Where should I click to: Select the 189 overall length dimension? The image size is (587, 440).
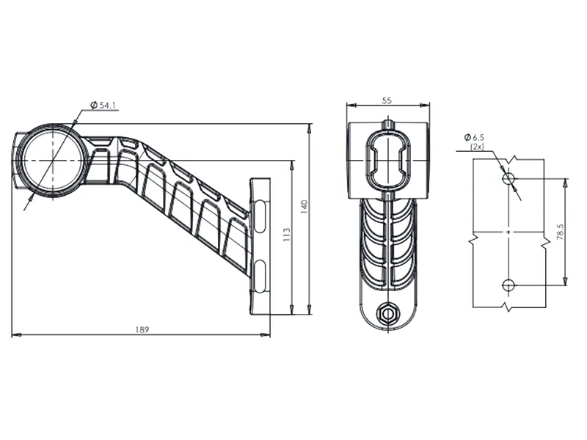pyautogui.click(x=142, y=329)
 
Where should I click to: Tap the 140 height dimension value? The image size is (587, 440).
pyautogui.click(x=304, y=208)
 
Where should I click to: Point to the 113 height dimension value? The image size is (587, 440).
pyautogui.click(x=286, y=234)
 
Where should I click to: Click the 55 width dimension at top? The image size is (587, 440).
pyautogui.click(x=388, y=99)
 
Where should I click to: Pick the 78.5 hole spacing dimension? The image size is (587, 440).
pyautogui.click(x=560, y=232)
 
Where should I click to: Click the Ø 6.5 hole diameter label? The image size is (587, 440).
pyautogui.click(x=475, y=137)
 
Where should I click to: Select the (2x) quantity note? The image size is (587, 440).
pyautogui.click(x=477, y=147)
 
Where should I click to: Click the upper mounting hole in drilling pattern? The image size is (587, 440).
pyautogui.click(x=507, y=177)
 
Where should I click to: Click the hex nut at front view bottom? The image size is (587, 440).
pyautogui.click(x=387, y=313)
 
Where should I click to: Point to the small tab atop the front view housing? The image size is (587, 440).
pyautogui.click(x=387, y=122)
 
